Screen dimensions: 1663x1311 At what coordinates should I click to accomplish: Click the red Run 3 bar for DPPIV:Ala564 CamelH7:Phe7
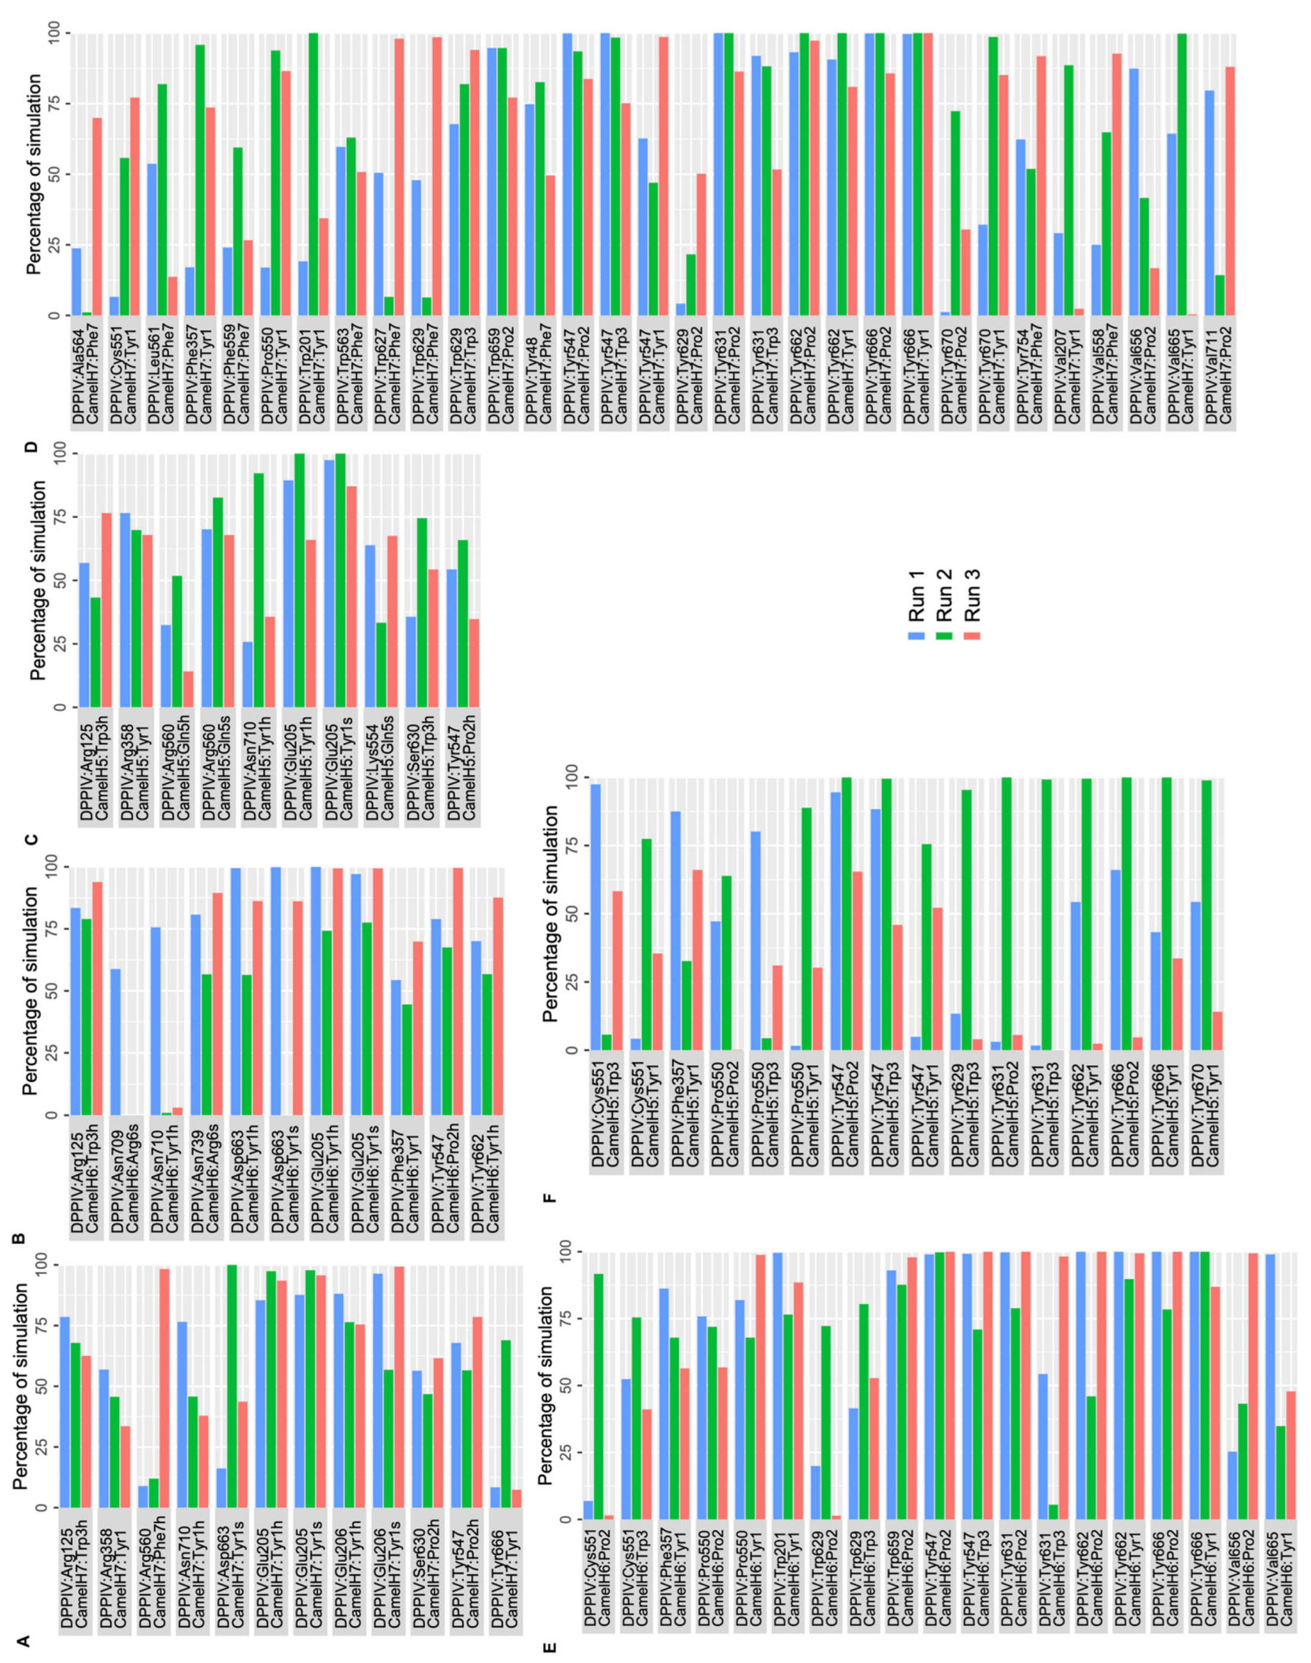click(98, 216)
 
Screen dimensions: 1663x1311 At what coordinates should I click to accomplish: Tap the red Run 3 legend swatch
click(975, 635)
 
